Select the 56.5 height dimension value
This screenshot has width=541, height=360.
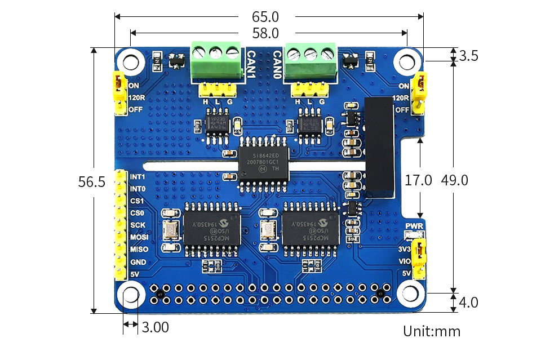[x=91, y=181]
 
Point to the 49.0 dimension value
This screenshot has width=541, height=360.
[x=455, y=180]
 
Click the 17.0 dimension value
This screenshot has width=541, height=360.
[x=419, y=180]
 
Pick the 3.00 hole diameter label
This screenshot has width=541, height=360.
[x=155, y=326]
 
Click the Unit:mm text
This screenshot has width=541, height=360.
[x=432, y=331]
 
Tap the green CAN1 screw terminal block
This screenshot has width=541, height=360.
[x=216, y=61]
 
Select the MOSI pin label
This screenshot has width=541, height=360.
[x=139, y=237]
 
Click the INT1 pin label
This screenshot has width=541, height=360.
[x=138, y=176]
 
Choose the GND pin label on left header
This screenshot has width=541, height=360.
[x=138, y=262]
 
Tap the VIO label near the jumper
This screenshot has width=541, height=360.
[x=405, y=261]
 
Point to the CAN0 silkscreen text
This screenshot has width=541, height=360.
[x=278, y=63]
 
